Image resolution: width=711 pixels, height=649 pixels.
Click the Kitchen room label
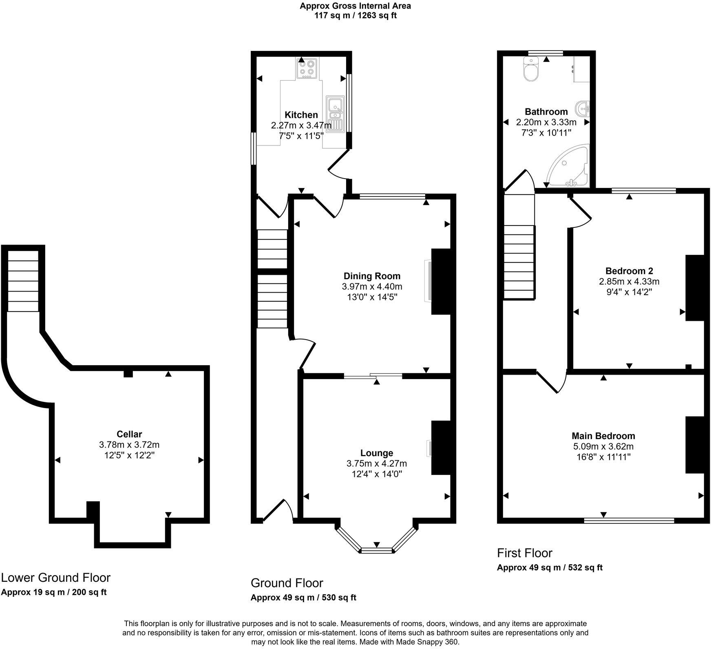301,115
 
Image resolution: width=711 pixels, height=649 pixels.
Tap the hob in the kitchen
307,68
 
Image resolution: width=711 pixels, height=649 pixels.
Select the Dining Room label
372,276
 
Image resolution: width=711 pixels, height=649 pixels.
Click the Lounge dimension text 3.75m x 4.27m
376,464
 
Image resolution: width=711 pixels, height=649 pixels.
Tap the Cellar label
129,434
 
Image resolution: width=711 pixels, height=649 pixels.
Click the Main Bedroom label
603,436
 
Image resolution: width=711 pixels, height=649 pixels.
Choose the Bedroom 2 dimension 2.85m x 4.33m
629,281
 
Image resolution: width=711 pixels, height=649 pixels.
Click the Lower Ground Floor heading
55,578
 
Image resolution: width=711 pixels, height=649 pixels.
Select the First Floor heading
524,553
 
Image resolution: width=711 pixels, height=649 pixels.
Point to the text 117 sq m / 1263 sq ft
355,15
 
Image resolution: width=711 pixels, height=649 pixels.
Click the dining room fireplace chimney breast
441,281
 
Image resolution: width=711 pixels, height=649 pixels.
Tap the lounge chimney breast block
441,448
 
